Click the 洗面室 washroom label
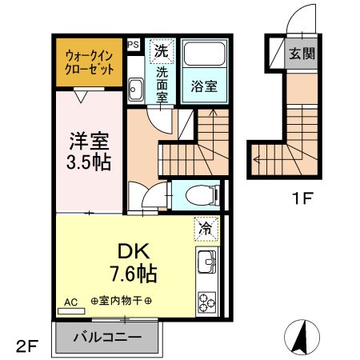tap(162, 82)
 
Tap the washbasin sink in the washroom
tap(135, 90)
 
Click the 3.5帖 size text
tap(87, 160)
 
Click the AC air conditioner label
tap(70, 303)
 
